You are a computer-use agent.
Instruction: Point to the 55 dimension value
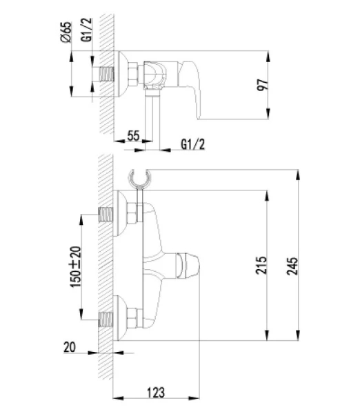[x=134, y=137]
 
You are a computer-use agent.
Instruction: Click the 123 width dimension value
[x=156, y=393]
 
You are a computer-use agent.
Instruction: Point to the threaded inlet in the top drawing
[x=106, y=74]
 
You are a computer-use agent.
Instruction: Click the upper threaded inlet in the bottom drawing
[x=106, y=213]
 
